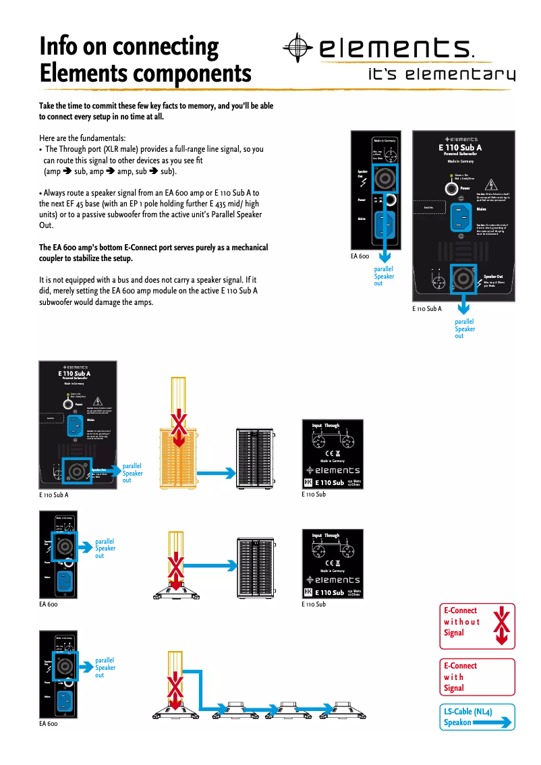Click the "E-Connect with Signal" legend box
pyautogui.click(x=477, y=677)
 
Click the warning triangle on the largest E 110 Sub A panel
pyautogui.click(x=491, y=185)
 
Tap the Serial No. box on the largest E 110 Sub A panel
pyautogui.click(x=430, y=207)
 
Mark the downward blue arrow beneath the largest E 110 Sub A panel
pyautogui.click(x=463, y=307)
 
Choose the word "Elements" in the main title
pyautogui.click(x=82, y=72)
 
